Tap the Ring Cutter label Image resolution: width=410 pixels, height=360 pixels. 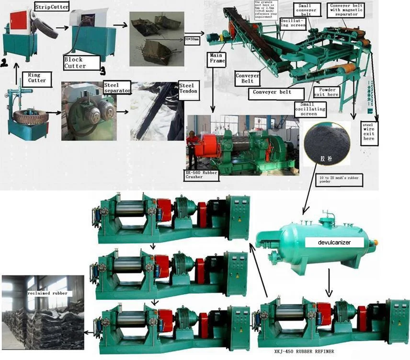(37, 78)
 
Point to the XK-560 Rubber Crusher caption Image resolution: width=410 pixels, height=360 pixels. (201, 174)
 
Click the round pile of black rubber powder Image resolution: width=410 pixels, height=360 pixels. (327, 142)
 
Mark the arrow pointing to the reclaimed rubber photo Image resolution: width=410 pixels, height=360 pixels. (88, 332)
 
